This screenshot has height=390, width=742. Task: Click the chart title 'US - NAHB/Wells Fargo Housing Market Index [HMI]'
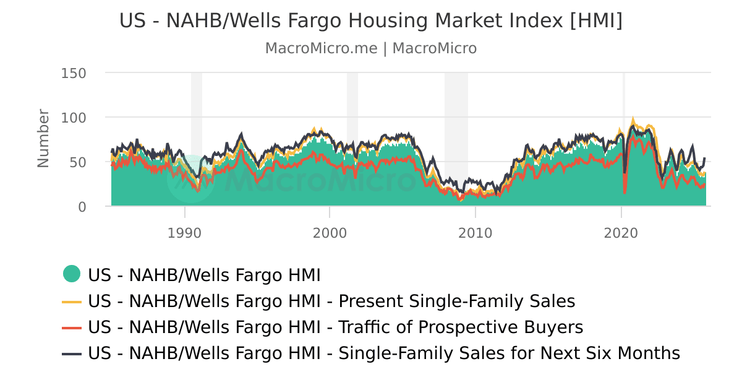371,20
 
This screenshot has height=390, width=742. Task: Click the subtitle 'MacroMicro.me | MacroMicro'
371,48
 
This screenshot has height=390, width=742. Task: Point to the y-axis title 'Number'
43,138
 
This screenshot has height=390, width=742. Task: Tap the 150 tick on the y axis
74,73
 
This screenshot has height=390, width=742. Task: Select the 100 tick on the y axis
74,118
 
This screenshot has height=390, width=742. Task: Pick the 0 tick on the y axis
82,207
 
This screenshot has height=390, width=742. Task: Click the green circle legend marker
72,274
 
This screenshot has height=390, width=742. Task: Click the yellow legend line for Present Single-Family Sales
72,301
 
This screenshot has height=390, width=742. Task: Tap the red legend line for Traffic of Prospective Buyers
72,327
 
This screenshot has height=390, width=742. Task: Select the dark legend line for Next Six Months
72,353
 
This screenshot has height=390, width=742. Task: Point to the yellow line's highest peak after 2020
633,119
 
